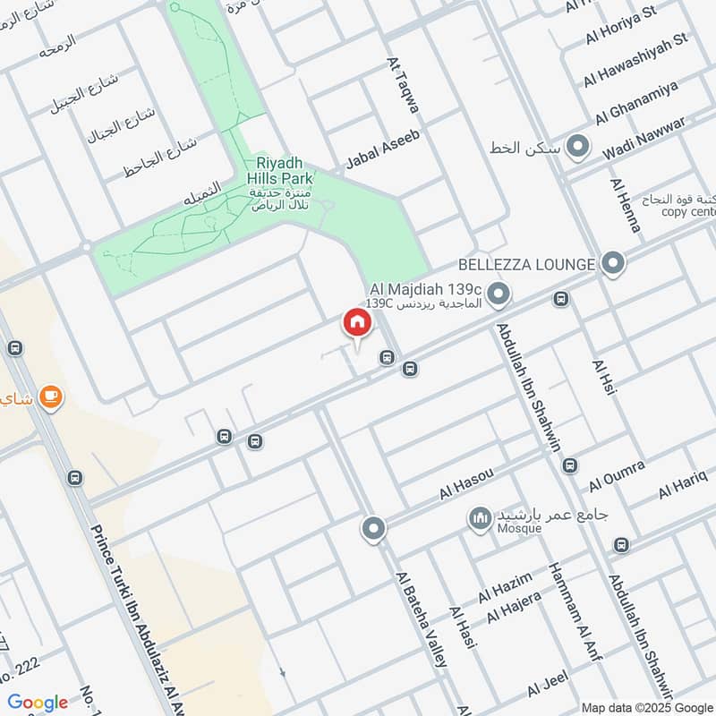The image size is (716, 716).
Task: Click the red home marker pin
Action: coord(356,323)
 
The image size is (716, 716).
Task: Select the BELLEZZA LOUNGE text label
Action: coord(525,264)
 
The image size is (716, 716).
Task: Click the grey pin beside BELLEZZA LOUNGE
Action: coord(613,263)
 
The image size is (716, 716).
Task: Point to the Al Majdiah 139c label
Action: coord(426,291)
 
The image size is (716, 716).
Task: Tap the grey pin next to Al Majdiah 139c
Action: coord(499,293)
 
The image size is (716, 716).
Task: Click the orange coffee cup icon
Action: coord(51,396)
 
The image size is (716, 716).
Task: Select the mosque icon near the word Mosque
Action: coord(480,518)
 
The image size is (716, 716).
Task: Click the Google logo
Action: coord(38,703)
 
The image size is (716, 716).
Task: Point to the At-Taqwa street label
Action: coord(403,86)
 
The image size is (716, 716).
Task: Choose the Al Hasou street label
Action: coord(466,482)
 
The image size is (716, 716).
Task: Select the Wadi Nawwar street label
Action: coord(644,139)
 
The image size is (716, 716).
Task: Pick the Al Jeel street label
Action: coord(548,686)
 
